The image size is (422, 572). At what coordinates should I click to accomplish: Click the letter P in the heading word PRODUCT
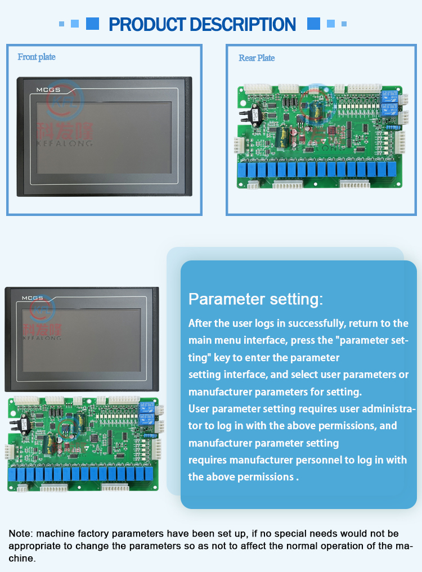coord(114,24)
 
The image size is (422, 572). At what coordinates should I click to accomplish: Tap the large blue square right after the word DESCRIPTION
coord(313,24)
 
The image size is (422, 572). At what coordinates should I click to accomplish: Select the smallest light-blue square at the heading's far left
coord(61,24)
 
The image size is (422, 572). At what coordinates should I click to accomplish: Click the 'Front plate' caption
coord(37,57)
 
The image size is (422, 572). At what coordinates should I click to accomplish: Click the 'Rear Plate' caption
coord(257,58)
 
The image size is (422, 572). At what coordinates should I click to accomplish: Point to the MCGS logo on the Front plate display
coord(48,90)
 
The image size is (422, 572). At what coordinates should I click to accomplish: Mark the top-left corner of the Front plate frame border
coord(7,44)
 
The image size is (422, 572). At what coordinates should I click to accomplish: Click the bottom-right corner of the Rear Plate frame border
coord(416,215)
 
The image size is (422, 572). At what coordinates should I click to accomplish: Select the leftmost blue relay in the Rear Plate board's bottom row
coord(242,170)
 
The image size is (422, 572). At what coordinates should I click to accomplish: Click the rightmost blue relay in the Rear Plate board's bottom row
coord(391,170)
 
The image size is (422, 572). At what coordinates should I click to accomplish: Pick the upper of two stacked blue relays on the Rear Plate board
coord(389,97)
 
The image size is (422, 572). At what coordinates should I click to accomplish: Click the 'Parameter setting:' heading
coord(256,299)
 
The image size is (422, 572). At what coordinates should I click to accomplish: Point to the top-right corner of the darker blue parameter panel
coord(416,261)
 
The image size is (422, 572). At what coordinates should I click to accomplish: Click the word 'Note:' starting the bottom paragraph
coord(21,534)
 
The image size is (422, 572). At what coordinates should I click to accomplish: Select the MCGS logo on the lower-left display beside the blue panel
coord(33,298)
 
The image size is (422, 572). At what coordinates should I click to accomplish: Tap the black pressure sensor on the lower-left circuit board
coord(22,424)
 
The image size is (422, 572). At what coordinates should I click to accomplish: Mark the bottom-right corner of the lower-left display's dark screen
coord(141,371)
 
